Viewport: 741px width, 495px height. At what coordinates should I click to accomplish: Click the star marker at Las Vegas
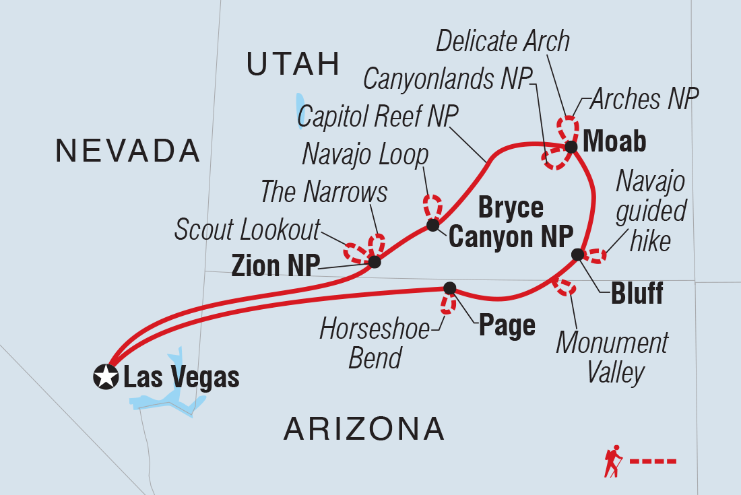105,376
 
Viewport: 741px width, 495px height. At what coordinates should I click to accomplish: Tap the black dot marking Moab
571,147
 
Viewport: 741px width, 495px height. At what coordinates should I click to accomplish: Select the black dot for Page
450,288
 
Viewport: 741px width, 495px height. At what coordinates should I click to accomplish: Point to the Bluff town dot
577,254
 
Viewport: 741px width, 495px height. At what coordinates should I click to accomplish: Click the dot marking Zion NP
375,262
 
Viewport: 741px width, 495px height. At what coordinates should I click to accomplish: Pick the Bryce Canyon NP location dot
432,225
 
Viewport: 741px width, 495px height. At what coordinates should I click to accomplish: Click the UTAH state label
292,64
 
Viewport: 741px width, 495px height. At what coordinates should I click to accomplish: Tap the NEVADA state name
128,150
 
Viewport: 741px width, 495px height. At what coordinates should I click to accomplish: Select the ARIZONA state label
364,428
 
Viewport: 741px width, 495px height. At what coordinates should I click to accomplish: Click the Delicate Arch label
503,42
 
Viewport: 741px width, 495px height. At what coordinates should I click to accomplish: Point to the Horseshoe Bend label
375,343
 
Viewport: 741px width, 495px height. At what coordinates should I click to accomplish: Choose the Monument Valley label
612,357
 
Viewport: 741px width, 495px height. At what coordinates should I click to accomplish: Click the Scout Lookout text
247,230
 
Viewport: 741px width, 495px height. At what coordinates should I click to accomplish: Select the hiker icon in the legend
614,461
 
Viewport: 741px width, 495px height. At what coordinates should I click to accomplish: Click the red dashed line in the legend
652,461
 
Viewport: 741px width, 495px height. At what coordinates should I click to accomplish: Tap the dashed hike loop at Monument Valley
564,286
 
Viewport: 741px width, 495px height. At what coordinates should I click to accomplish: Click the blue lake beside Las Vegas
168,397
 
